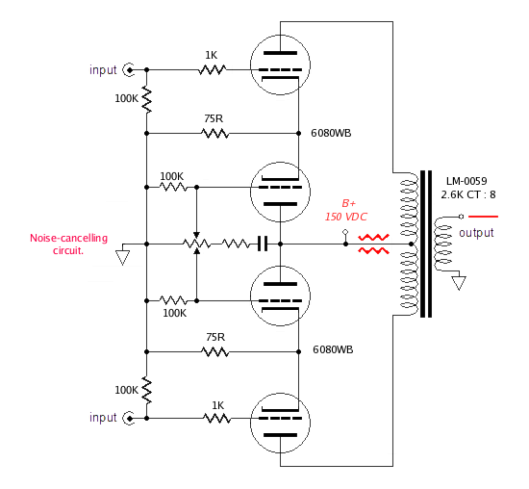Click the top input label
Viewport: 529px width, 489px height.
click(103, 70)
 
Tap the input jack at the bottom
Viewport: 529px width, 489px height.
click(127, 419)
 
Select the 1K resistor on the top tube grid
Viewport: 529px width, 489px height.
click(212, 69)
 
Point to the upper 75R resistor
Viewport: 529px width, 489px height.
click(214, 133)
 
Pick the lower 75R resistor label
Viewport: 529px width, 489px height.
click(214, 338)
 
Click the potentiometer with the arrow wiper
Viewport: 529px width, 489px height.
click(196, 244)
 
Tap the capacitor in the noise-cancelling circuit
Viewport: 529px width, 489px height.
click(262, 244)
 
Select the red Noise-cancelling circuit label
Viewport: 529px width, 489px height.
click(69, 244)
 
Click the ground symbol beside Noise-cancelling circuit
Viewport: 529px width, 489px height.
click(123, 257)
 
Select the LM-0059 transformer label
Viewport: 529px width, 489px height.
click(466, 180)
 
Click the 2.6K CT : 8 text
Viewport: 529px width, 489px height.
click(468, 194)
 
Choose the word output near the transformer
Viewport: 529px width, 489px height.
click(476, 234)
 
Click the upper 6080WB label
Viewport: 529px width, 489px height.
click(332, 134)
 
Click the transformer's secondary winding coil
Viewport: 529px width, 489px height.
click(441, 244)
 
